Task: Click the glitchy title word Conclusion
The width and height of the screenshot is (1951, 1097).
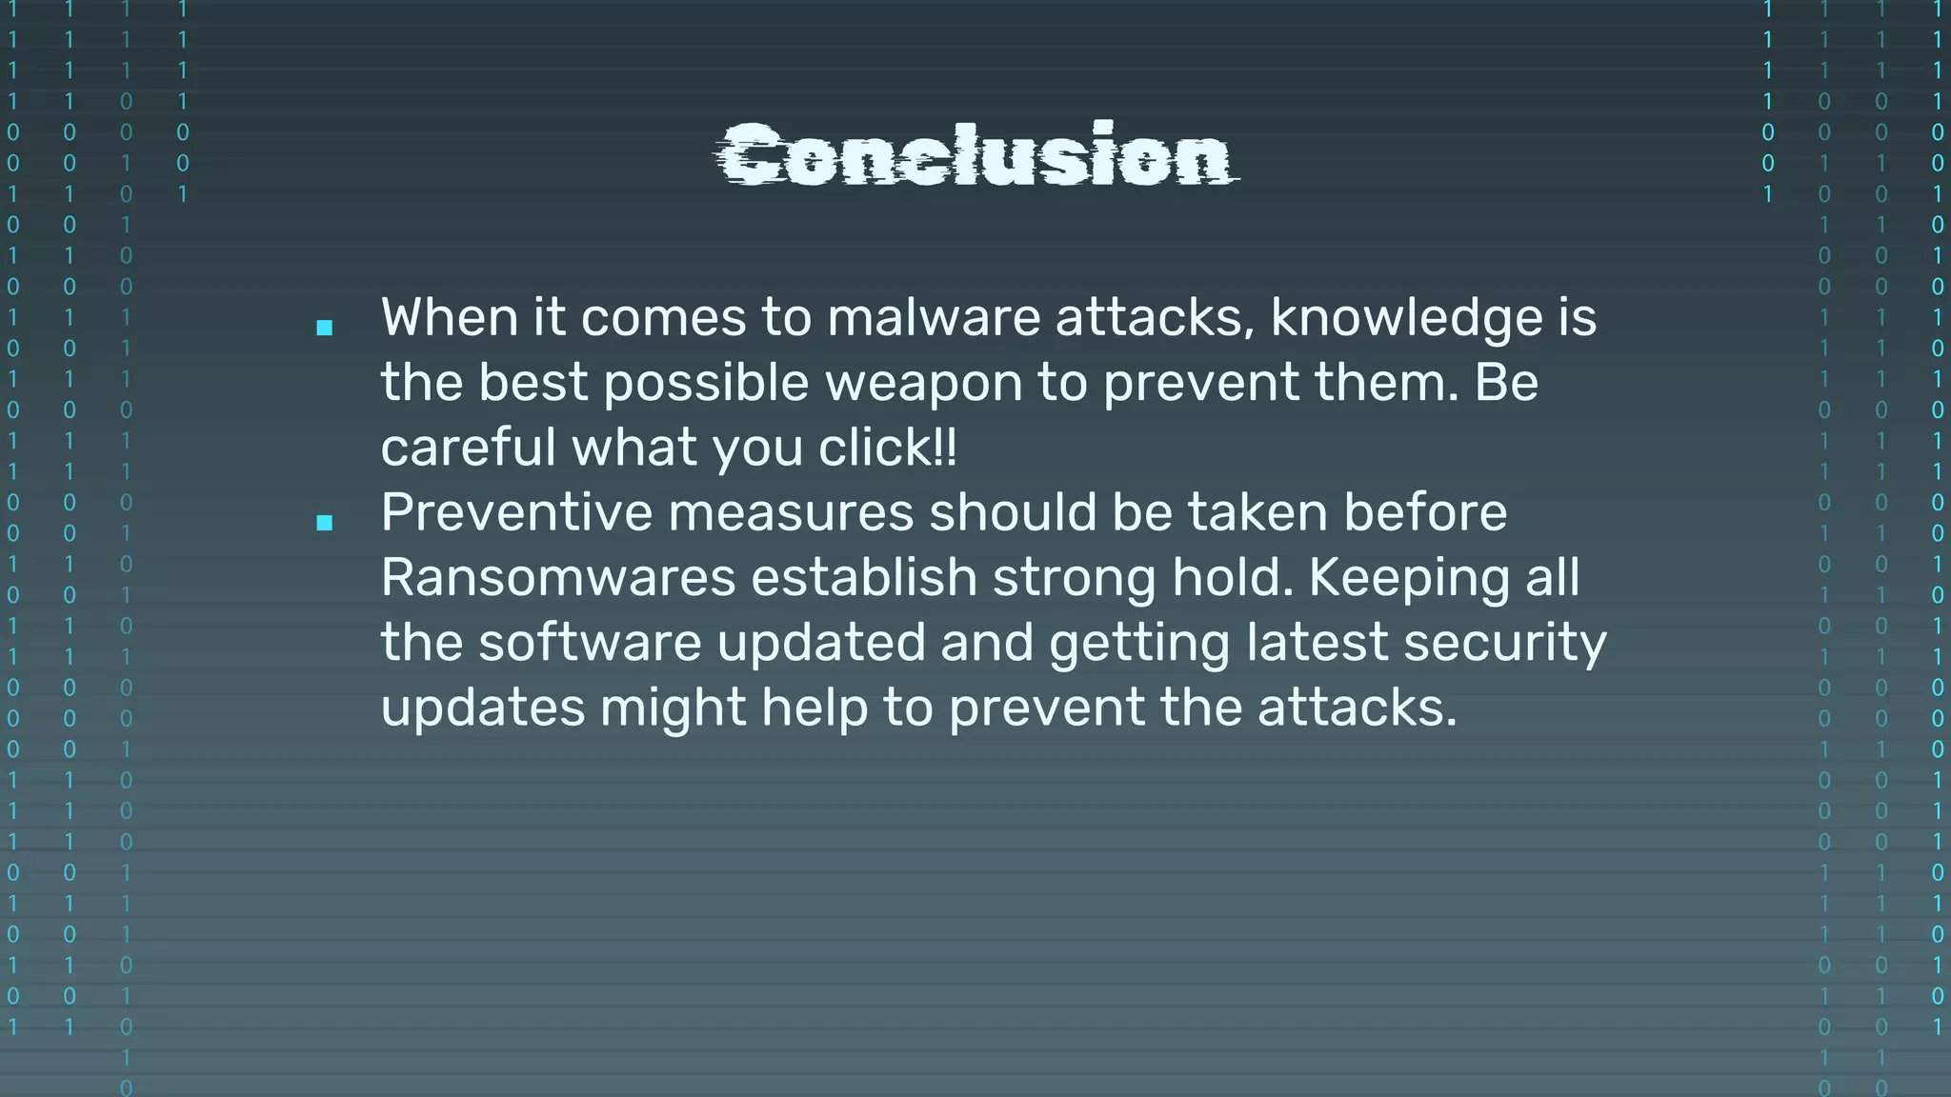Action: (x=976, y=154)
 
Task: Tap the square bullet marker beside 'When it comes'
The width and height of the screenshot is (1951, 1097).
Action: (x=325, y=328)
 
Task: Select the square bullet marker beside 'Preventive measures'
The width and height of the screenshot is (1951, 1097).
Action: (x=325, y=522)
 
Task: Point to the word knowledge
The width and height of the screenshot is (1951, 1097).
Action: (x=1406, y=317)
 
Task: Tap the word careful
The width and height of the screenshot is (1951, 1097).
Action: (x=468, y=448)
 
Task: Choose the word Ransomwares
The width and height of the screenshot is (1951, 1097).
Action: (x=558, y=577)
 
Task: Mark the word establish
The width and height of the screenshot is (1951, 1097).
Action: (x=864, y=577)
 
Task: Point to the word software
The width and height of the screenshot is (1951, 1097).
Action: (x=590, y=642)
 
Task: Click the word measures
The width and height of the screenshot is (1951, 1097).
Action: (x=791, y=512)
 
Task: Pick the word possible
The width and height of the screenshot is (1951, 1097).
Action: (x=706, y=383)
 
